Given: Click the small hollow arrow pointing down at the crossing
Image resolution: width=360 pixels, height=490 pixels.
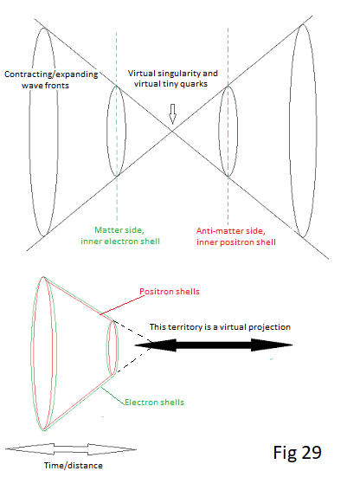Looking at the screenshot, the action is pos(172,113).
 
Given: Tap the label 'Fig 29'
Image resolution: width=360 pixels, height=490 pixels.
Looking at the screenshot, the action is pos(297,453).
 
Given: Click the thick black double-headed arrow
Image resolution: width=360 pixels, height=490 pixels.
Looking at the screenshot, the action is pos(214,345).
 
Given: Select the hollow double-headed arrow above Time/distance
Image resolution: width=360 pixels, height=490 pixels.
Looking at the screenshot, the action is pos(71,449).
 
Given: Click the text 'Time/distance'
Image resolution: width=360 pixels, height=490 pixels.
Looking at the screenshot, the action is pos(74,466).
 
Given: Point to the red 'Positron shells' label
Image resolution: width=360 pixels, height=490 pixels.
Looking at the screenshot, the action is pos(170,292).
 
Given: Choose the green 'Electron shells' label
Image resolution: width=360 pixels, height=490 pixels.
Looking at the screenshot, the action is pos(154,403).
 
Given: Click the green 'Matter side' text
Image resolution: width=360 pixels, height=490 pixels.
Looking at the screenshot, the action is pos(119,230).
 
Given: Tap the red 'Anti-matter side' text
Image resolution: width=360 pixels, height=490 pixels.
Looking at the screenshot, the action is pos(231,231).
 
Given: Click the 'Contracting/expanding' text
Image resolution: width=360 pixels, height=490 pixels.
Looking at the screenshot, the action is pos(51,74).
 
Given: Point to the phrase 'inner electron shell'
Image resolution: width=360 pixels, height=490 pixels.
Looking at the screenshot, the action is pos(120,242).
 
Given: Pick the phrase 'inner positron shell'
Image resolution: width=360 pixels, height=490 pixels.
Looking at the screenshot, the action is pos(236,242).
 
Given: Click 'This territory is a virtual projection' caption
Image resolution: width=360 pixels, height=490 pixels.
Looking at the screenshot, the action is pos(220,327).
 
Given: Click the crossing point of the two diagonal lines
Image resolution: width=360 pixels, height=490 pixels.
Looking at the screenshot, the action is pos(172,132).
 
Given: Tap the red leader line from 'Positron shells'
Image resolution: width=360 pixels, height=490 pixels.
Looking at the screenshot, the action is pos(122,305).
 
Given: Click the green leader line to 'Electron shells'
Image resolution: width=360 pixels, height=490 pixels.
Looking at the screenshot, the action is pos(112,396).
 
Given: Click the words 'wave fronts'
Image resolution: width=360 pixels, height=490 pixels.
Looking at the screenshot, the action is pos(45,86).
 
